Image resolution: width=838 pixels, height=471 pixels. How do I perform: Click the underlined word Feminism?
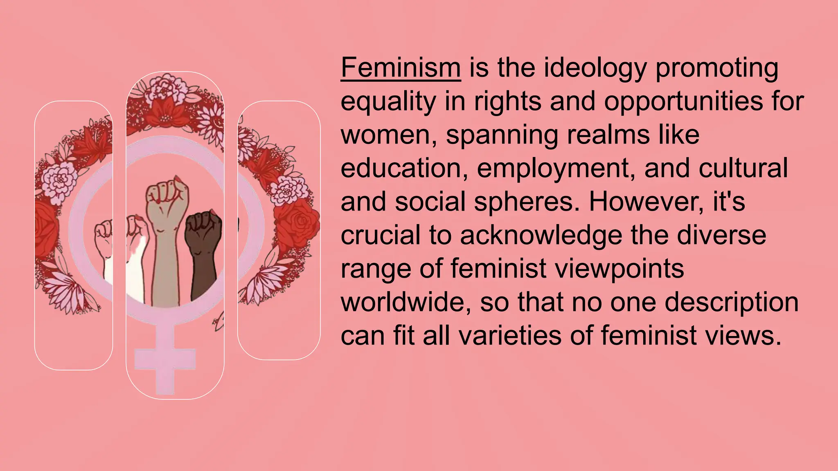pyautogui.click(x=401, y=67)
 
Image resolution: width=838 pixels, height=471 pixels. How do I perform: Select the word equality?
pyautogui.click(x=388, y=102)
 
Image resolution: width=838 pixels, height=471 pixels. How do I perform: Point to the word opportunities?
pyautogui.click(x=683, y=102)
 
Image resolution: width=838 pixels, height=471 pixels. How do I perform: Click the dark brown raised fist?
pyautogui.click(x=203, y=233)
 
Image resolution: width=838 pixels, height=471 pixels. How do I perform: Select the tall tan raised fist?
pyautogui.click(x=168, y=196)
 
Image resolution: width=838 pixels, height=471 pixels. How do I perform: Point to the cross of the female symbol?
pyautogui.click(x=165, y=360)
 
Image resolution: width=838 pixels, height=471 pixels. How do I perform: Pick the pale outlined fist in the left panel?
pyautogui.click(x=104, y=233)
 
